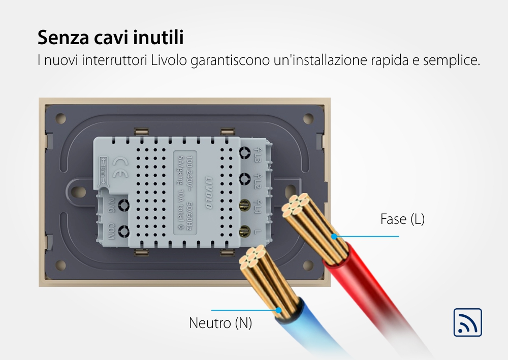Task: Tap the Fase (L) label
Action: click(402, 219)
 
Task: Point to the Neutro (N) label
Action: click(220, 323)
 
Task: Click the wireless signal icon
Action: click(467, 322)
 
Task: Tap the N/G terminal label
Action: click(110, 205)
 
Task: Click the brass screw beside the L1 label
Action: click(244, 206)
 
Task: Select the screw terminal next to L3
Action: click(244, 153)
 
